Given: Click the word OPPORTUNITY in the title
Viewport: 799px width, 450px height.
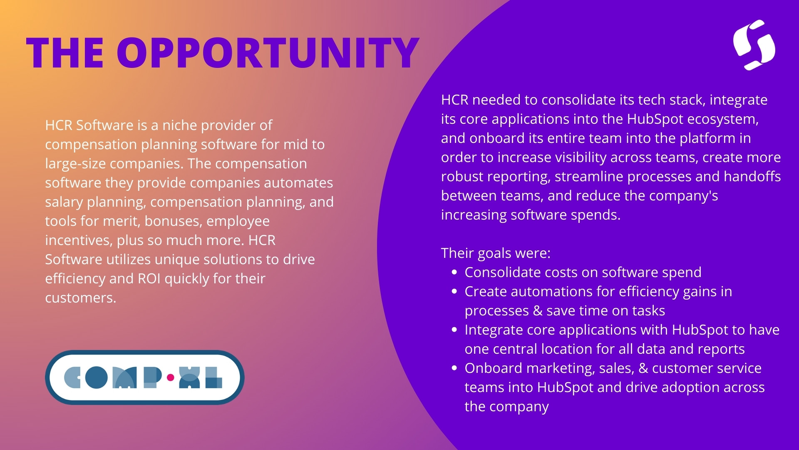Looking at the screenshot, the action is [268, 52].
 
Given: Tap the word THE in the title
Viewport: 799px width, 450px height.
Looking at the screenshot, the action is [65, 52].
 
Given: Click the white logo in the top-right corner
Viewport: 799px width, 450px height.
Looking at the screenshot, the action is [754, 45].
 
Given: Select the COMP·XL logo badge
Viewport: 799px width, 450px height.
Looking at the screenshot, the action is [145, 377].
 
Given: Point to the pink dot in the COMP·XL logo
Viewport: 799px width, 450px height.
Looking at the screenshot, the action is [170, 378].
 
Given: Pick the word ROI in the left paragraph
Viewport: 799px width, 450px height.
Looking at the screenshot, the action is [149, 278].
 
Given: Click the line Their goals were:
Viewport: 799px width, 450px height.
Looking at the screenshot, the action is [496, 253].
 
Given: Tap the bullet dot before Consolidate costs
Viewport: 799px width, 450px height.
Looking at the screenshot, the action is [454, 272].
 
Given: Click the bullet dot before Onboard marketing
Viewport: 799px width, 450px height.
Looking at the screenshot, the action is [454, 368].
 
